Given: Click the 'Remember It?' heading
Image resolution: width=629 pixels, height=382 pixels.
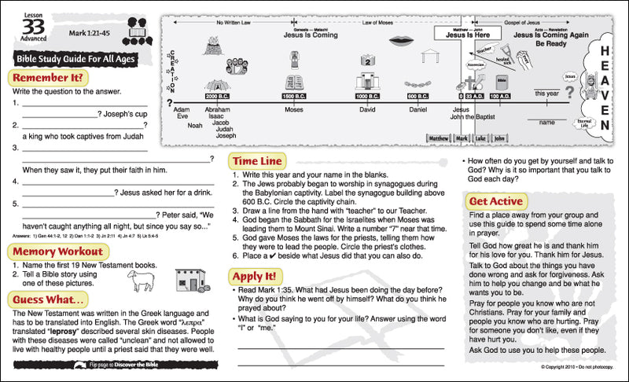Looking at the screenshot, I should click(x=46, y=78).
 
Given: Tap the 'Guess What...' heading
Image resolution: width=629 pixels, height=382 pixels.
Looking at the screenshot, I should click(x=50, y=299).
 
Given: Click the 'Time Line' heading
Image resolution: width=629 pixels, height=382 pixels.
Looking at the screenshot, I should click(x=257, y=160).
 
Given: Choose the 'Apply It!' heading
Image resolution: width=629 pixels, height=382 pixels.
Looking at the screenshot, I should click(x=254, y=276).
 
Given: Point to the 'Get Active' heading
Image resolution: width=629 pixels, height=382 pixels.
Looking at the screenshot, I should click(x=495, y=201).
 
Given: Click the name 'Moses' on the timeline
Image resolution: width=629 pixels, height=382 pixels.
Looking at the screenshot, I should click(x=294, y=110).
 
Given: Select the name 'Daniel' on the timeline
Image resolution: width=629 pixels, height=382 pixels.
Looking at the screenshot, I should click(x=417, y=110).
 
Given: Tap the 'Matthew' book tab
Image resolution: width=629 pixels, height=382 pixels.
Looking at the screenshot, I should click(x=438, y=138).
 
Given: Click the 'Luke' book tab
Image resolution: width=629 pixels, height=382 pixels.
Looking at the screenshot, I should click(x=480, y=138).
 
